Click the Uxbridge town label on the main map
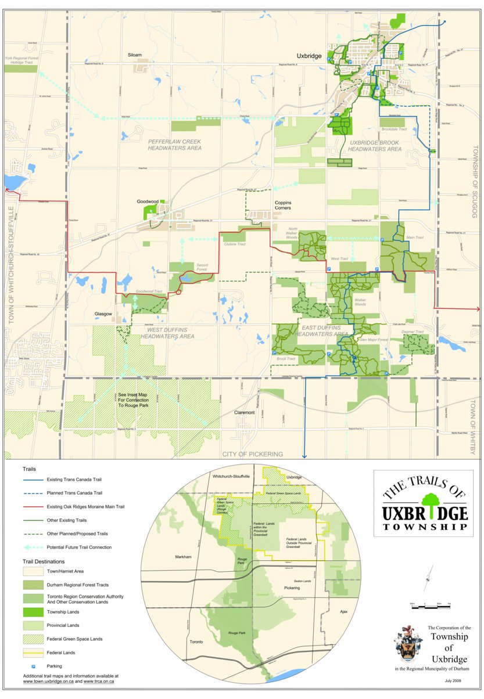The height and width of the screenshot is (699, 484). click(309, 56)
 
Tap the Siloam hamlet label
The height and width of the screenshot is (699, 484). click(135, 55)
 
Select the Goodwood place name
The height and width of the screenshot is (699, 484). click(148, 201)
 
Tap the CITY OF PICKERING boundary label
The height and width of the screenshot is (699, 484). click(253, 454)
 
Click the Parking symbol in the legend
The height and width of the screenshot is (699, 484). click(33, 666)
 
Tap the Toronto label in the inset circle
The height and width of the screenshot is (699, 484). click(196, 643)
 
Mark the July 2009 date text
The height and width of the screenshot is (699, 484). click(454, 680)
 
